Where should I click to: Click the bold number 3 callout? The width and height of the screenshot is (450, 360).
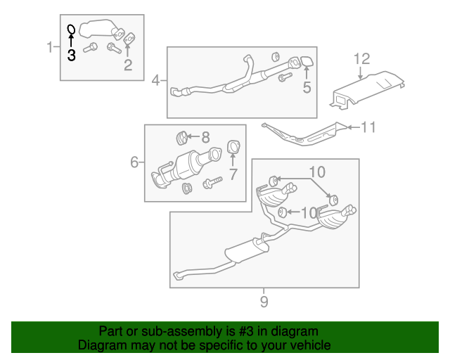[x=71, y=56]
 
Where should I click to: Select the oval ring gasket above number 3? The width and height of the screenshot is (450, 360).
[x=71, y=30]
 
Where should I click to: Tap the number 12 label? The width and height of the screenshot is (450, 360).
[x=361, y=58]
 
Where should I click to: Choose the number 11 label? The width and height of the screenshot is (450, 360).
[x=368, y=127]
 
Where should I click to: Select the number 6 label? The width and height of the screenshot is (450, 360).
[x=134, y=162]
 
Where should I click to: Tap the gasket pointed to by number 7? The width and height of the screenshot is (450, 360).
[x=233, y=148]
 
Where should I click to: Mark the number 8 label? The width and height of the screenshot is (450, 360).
[x=205, y=136]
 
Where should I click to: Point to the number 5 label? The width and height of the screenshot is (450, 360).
[x=306, y=87]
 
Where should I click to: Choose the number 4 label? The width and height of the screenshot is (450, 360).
[x=155, y=80]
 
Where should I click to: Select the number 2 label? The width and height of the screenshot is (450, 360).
[x=127, y=66]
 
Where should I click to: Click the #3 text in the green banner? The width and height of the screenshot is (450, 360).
[x=245, y=331]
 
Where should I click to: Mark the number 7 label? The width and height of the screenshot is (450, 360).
[x=233, y=173]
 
